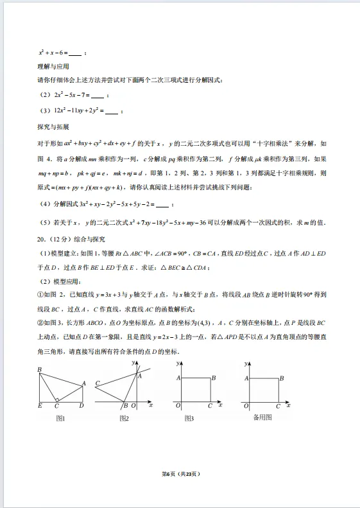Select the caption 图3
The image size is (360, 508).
pyautogui.click(x=190, y=418)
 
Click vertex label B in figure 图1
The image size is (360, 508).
pyautogui.click(x=39, y=370)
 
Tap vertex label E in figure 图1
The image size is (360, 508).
pyautogui.click(x=39, y=407)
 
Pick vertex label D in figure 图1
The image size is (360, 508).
pyautogui.click(x=81, y=407)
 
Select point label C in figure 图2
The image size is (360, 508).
pyautogui.click(x=97, y=383)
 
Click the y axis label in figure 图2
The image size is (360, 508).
pyautogui.click(x=133, y=363)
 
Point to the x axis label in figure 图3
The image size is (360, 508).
pyautogui.click(x=219, y=405)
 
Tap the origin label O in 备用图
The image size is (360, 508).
pyautogui.click(x=243, y=407)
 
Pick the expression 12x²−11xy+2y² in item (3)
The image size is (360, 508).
pyautogui.click(x=78, y=110)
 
